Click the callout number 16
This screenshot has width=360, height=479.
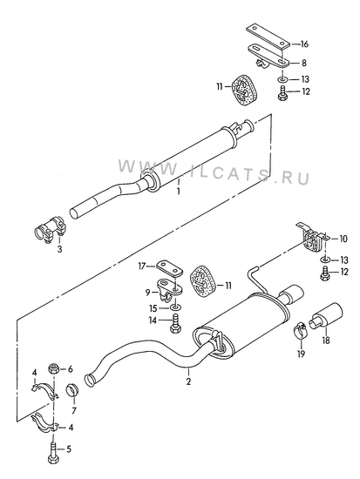click(x=304, y=44)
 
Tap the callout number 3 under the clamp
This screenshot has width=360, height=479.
click(x=59, y=249)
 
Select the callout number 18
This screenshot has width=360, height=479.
click(x=326, y=340)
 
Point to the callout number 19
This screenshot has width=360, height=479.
click(x=302, y=354)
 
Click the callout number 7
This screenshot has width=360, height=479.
click(x=74, y=410)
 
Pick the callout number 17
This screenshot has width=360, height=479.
click(x=142, y=266)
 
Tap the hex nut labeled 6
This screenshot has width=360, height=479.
click(x=53, y=368)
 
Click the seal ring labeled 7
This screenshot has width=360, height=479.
click(x=73, y=389)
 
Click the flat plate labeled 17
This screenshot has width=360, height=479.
click(x=170, y=267)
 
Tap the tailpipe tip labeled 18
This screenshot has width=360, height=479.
click(x=325, y=316)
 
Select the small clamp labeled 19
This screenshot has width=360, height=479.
click(x=301, y=331)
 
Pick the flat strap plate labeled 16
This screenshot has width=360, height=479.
click(x=268, y=36)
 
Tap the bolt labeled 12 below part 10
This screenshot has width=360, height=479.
click(x=325, y=273)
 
